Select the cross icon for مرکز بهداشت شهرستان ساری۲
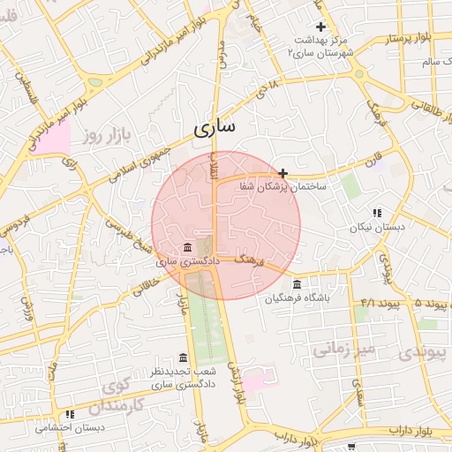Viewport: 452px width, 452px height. point(321,27)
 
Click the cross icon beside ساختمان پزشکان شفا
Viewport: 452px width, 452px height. point(282,173)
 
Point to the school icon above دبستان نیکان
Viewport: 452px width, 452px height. point(377,213)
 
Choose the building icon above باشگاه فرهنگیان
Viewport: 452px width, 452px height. point(296,284)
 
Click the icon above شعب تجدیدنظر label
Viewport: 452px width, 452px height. point(183,358)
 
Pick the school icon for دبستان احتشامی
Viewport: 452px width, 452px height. point(70,414)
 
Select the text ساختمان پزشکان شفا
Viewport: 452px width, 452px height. point(279,187)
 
